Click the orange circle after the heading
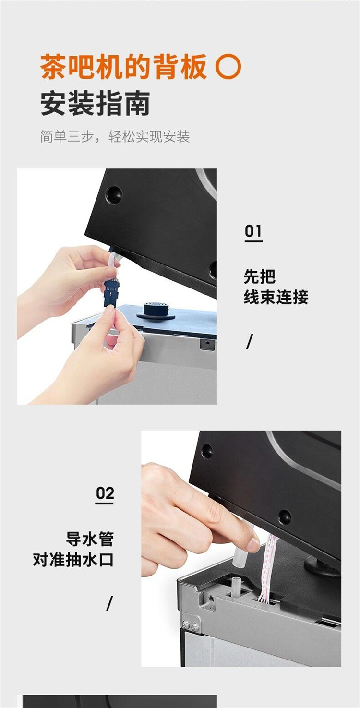pyautogui.click(x=228, y=66)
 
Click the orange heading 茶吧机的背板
pyautogui.click(x=123, y=66)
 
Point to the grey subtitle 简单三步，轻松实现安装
pyautogui.click(x=115, y=136)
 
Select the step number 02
pyautogui.click(x=105, y=493)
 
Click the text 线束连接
pyautogui.click(x=276, y=297)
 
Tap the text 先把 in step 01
pyautogui.click(x=260, y=277)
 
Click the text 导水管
pyautogui.click(x=89, y=539)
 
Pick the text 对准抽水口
pyautogui.click(x=73, y=560)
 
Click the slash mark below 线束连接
pyautogui.click(x=250, y=342)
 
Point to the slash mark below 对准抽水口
pyautogui.click(x=109, y=603)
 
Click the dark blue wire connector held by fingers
pyautogui.click(x=111, y=293)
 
